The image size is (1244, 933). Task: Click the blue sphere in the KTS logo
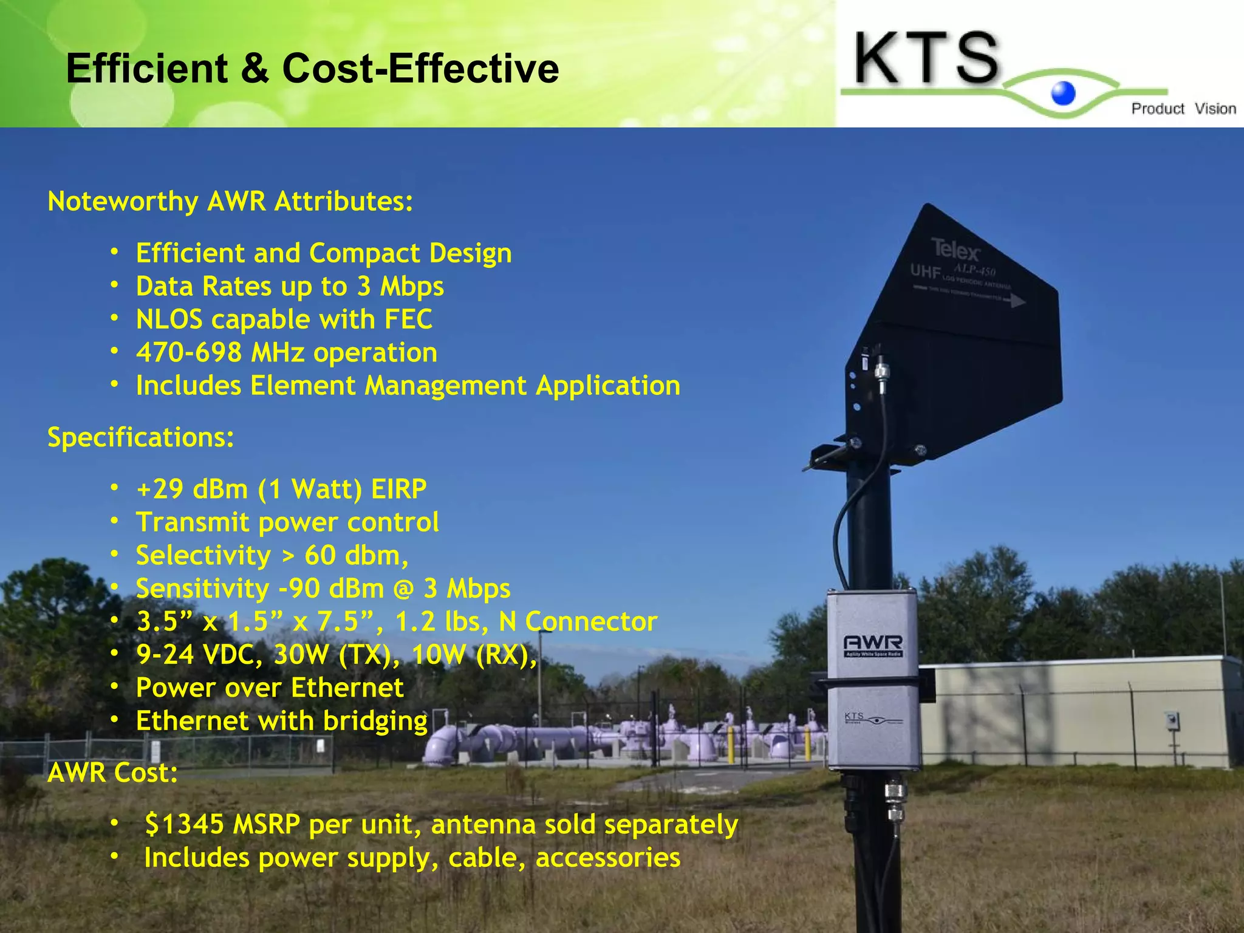click(x=1063, y=93)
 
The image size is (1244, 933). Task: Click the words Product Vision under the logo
click(x=1183, y=109)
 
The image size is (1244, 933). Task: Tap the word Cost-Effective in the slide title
click(x=420, y=68)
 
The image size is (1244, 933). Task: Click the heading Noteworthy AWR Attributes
click(x=230, y=201)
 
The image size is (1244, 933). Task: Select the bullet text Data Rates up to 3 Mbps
click(x=290, y=286)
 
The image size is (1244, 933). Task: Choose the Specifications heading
click(x=141, y=437)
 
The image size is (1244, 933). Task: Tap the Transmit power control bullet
click(x=287, y=522)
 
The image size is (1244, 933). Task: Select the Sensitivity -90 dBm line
click(x=323, y=589)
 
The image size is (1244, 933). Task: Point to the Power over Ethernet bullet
click(x=270, y=688)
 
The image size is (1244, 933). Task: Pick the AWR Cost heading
click(x=113, y=773)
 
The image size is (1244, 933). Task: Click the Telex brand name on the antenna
click(x=955, y=250)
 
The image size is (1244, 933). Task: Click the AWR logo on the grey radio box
click(x=873, y=643)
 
